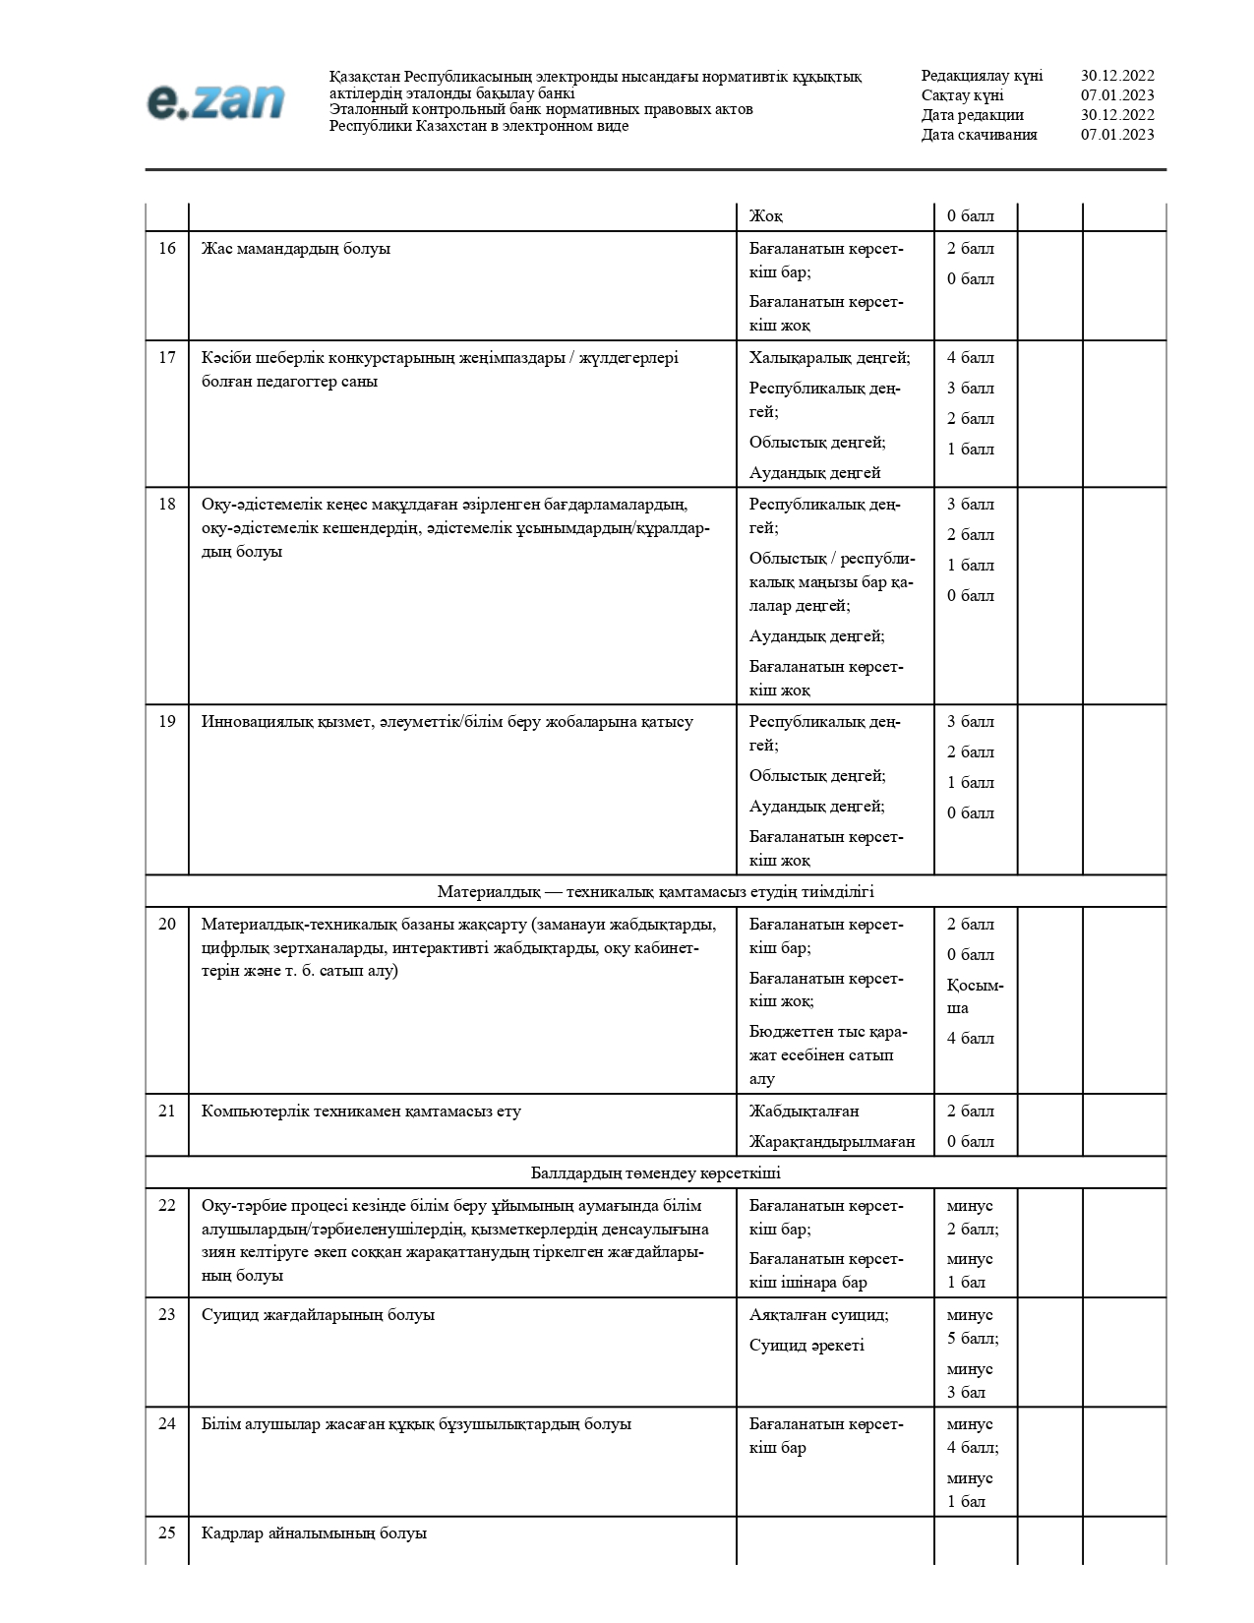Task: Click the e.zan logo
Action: click(215, 101)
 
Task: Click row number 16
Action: click(167, 249)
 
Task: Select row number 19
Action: click(167, 722)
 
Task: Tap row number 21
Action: click(167, 1112)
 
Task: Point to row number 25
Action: click(167, 1533)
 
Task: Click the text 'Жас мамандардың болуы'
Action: click(296, 249)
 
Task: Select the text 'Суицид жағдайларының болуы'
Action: click(318, 1315)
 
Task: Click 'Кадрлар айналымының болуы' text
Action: click(314, 1533)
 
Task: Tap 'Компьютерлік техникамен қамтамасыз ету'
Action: click(361, 1112)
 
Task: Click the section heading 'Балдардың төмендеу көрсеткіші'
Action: click(656, 1173)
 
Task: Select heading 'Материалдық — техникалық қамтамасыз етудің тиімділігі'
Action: click(656, 892)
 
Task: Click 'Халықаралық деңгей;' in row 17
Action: click(829, 358)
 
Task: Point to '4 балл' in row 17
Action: click(971, 358)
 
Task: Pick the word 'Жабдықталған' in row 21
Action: click(804, 1112)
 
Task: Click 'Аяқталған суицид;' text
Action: click(818, 1315)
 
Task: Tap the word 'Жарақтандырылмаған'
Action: click(832, 1142)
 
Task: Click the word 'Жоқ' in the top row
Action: click(766, 216)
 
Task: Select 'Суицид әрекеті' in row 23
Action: click(806, 1346)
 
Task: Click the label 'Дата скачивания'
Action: click(979, 135)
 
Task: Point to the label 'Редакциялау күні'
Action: click(982, 76)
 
